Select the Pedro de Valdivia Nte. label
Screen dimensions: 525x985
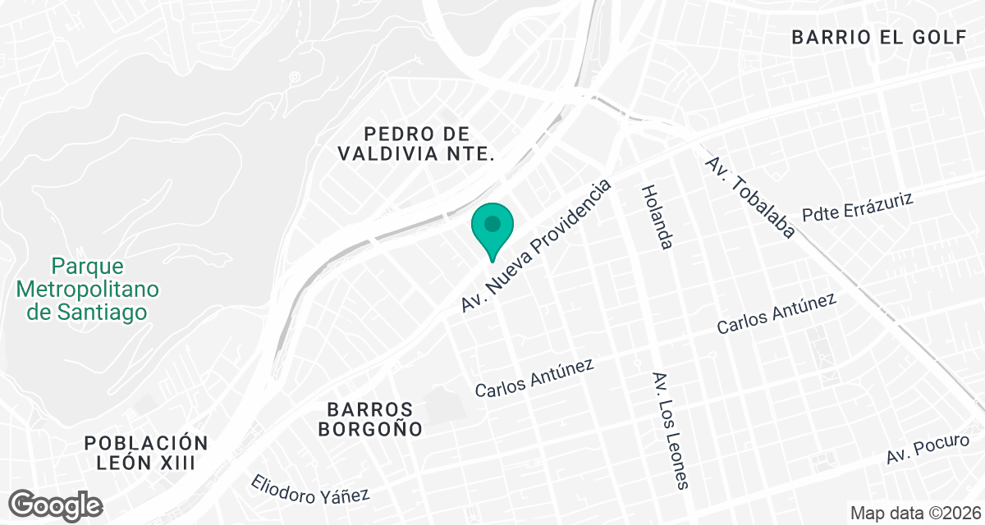(x=418, y=143)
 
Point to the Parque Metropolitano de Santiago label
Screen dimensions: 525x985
(x=87, y=289)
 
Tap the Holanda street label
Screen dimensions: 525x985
(x=657, y=217)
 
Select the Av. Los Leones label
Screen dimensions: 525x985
(x=669, y=431)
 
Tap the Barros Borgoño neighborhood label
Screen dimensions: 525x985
(x=373, y=418)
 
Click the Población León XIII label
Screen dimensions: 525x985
(x=146, y=452)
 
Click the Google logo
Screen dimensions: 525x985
(x=56, y=504)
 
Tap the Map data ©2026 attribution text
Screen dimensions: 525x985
(x=914, y=513)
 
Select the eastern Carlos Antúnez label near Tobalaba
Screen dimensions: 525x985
(x=776, y=313)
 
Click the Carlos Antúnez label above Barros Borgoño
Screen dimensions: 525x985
(x=534, y=378)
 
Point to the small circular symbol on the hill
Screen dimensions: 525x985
(x=295, y=77)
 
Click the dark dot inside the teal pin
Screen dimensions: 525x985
(x=492, y=222)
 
